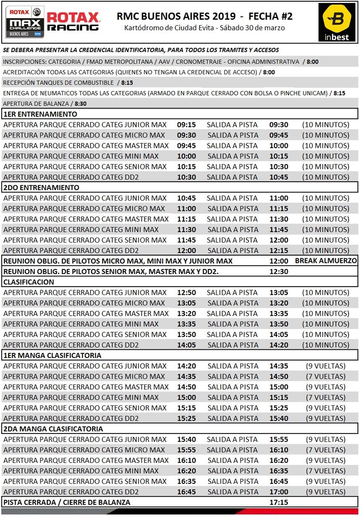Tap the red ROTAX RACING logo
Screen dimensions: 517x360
click(x=73, y=22)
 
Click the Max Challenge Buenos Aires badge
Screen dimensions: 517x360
click(x=25, y=22)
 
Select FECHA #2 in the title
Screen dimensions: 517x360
click(x=271, y=17)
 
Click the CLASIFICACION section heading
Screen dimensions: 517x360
click(x=29, y=282)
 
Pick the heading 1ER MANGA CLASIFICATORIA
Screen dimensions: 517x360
click(x=52, y=355)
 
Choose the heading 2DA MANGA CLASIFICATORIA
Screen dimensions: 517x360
click(x=53, y=429)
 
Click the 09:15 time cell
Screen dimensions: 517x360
click(x=186, y=125)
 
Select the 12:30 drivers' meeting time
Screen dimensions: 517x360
click(x=279, y=272)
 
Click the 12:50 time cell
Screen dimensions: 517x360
click(x=186, y=292)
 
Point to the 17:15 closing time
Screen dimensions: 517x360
click(x=279, y=502)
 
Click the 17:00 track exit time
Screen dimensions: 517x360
click(x=279, y=492)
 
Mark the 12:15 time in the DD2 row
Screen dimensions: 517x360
click(x=279, y=250)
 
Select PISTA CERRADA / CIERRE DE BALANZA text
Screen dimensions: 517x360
click(x=67, y=502)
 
